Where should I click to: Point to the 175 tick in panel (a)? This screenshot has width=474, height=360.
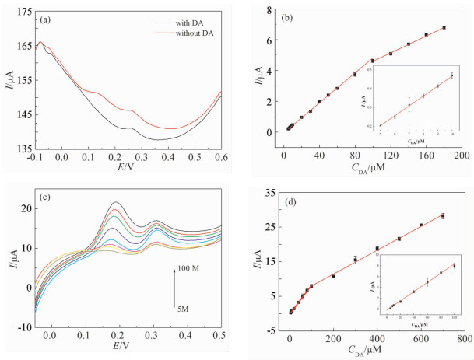click(23, 13)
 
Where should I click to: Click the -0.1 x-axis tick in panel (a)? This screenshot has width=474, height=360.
click(37, 158)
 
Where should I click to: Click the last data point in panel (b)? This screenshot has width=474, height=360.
click(444, 28)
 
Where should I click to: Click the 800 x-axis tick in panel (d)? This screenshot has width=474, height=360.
click(463, 340)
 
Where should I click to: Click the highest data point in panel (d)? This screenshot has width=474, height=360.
click(443, 215)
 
